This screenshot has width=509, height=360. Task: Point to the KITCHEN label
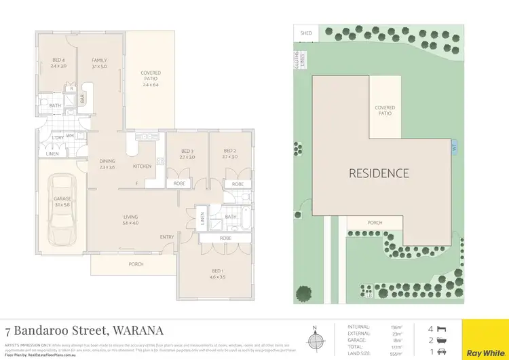coord(141,166)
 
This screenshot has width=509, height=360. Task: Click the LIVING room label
coord(130,219)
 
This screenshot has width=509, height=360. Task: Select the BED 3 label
coord(188,153)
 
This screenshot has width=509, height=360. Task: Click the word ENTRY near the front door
coord(166,237)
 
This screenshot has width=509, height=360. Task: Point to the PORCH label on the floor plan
coord(136,265)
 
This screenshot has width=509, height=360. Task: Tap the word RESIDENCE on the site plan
coord(379,173)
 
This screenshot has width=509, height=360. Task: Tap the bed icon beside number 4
coord(442,327)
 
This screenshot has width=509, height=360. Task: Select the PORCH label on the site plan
coord(375,223)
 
